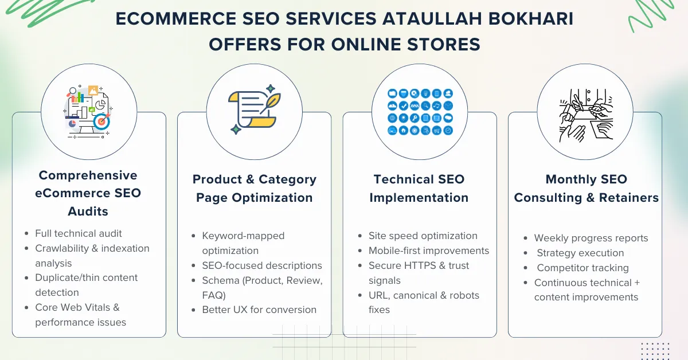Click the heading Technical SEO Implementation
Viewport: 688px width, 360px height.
point(419,189)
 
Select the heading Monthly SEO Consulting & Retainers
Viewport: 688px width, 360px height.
point(586,189)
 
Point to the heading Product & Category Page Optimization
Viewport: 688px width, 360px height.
point(255,189)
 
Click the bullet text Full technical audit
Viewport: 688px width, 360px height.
point(79,233)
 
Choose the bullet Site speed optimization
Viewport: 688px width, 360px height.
point(423,236)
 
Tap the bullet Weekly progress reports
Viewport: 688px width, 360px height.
point(591,238)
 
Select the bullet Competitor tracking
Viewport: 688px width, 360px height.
point(583,268)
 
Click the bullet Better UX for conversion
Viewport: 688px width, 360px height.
point(259,310)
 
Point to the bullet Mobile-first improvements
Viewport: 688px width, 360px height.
point(429,251)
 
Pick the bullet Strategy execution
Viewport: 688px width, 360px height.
point(580,253)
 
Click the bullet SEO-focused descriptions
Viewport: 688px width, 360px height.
point(262,265)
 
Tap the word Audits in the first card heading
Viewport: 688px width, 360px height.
point(88,211)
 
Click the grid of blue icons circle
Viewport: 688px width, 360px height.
point(420,112)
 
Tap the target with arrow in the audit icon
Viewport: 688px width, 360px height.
point(100,121)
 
